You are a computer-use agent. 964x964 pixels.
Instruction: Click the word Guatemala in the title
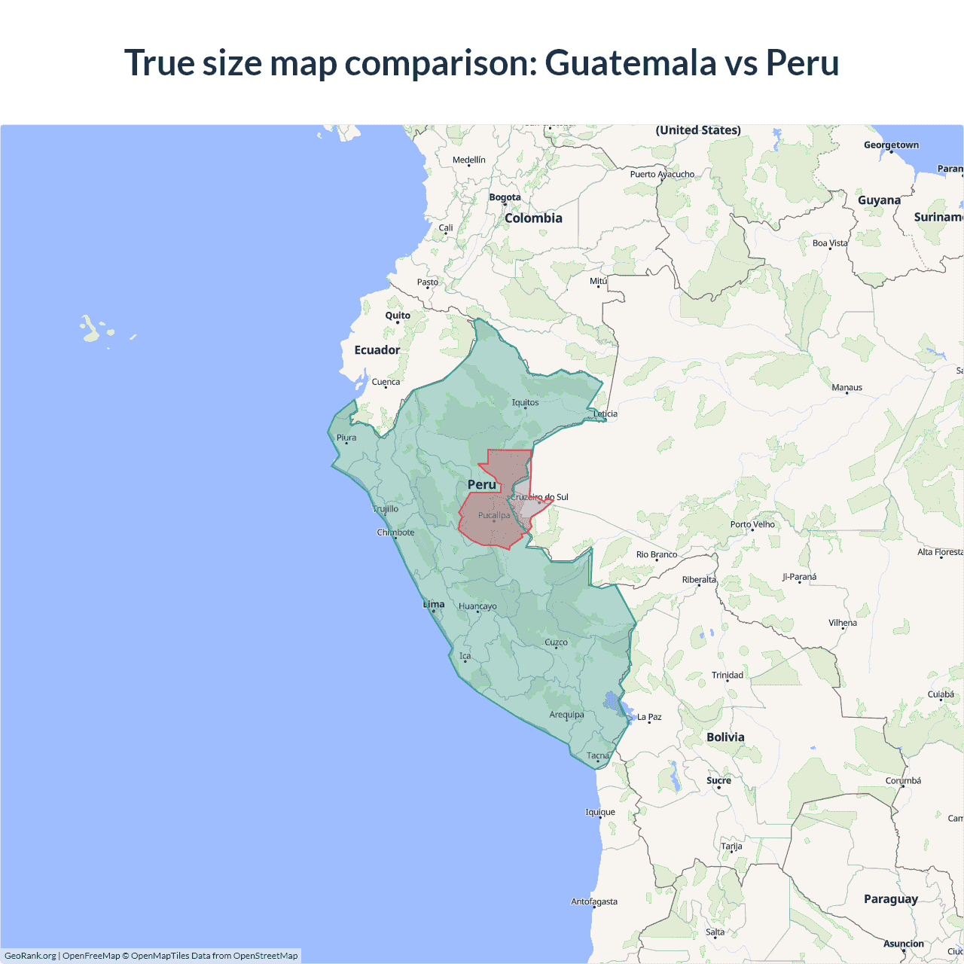(630, 63)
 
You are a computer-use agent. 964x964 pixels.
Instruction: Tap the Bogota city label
(505, 197)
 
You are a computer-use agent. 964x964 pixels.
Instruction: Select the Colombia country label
(533, 218)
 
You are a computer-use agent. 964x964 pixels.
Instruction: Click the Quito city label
(398, 316)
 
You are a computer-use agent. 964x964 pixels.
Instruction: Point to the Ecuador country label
(377, 350)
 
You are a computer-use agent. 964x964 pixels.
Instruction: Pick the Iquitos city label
(525, 402)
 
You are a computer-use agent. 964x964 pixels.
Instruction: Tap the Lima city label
(434, 604)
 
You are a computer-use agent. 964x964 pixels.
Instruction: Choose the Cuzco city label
(556, 642)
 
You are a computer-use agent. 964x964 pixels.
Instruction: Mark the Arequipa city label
(566, 715)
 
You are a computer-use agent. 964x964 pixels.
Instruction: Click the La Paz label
(649, 717)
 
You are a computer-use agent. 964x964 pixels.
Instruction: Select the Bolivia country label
(725, 737)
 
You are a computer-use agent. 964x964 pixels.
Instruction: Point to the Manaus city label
(847, 388)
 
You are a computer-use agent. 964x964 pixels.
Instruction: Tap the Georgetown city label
(891, 145)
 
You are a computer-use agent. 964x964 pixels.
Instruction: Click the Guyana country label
(879, 200)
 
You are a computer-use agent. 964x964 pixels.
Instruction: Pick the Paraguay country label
(890, 899)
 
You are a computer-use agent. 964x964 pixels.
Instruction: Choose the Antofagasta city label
(594, 901)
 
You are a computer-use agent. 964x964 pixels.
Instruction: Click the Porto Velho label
(752, 524)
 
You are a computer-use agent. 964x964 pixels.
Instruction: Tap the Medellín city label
(469, 160)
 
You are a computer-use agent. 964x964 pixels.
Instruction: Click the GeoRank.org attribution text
(30, 956)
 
